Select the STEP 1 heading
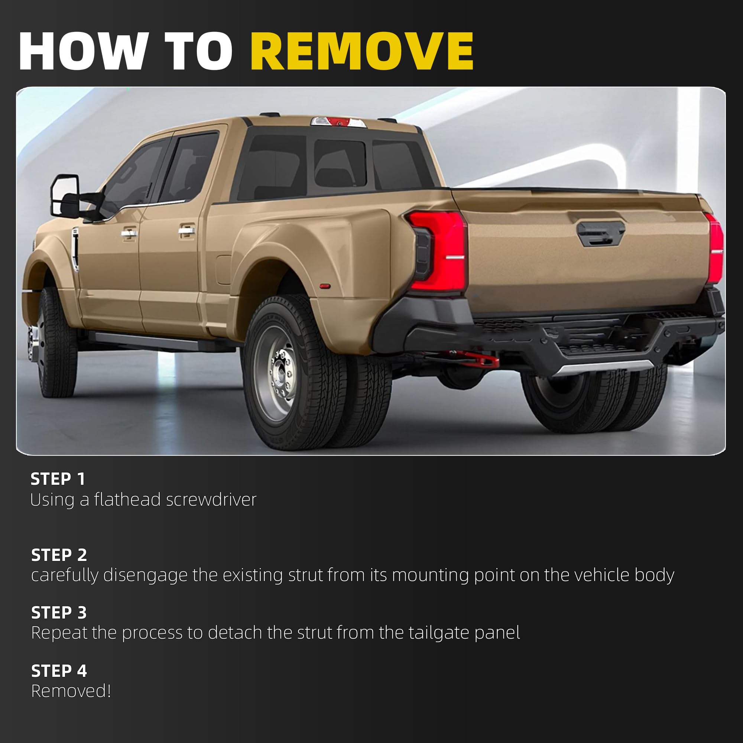[58, 479]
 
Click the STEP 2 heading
[59, 555]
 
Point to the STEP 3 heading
[59, 613]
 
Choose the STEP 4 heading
[59, 671]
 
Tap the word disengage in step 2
[145, 576]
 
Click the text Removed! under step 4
[71, 691]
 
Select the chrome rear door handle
[186, 231]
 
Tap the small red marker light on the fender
[325, 286]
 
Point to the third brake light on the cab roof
[338, 122]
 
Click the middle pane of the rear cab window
[340, 163]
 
